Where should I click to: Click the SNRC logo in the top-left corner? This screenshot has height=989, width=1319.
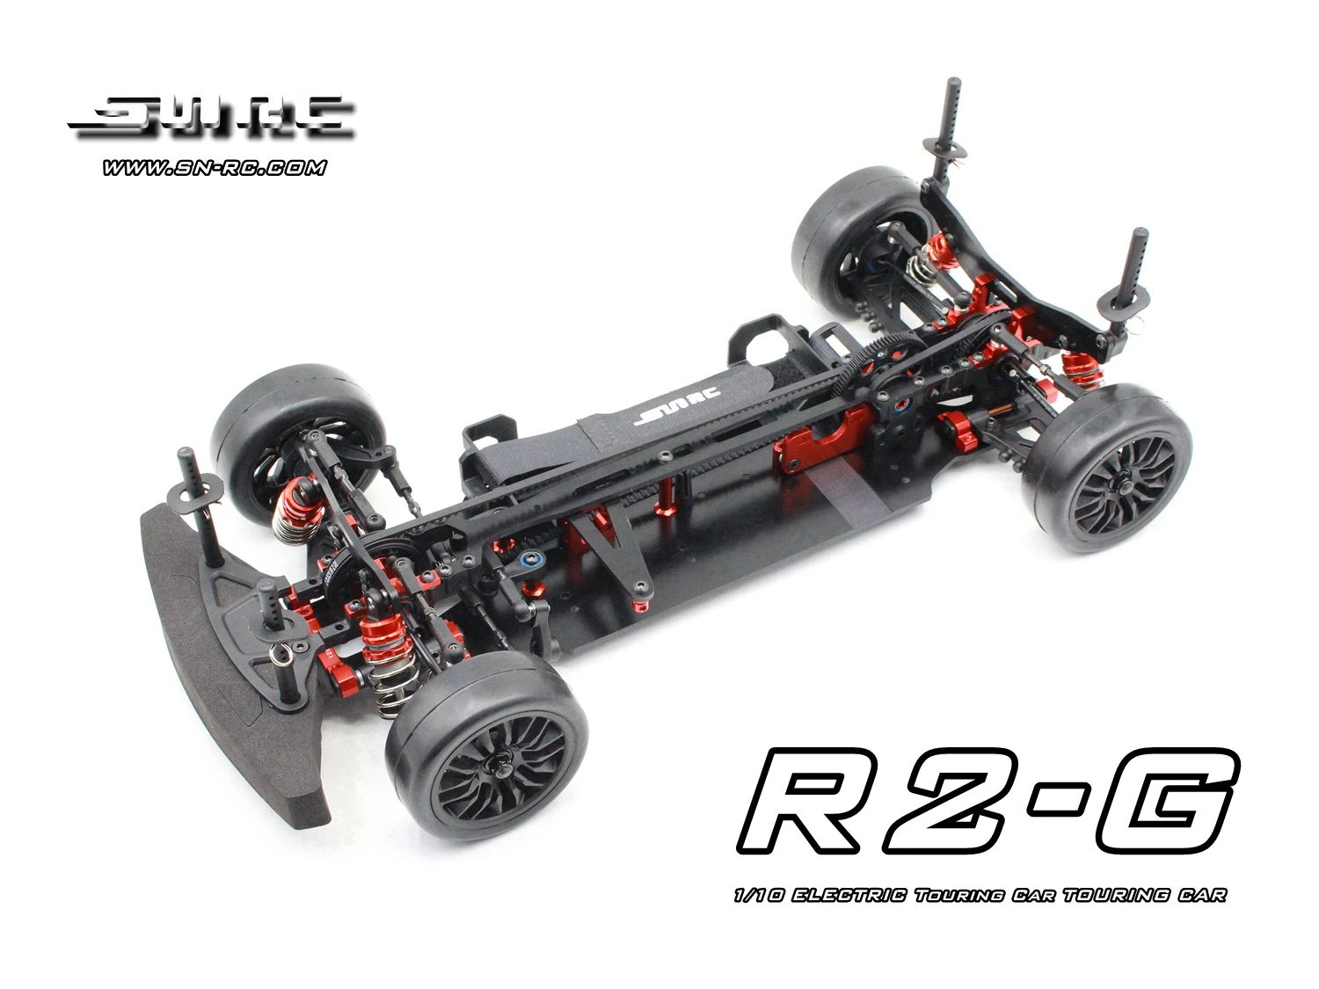211,119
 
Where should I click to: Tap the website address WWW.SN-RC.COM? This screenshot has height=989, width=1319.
214,167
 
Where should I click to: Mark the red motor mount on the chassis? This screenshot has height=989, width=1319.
822,443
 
